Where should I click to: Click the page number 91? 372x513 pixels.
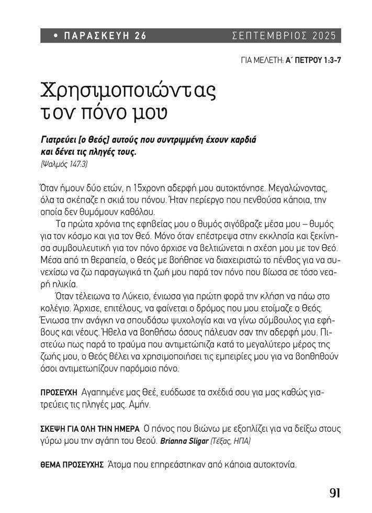click(335, 493)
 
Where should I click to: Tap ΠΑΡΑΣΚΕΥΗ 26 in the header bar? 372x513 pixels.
click(105, 36)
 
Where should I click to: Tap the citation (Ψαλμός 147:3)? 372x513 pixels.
click(64, 164)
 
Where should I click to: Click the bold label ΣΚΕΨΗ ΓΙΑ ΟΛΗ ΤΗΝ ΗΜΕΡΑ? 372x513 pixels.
click(89, 429)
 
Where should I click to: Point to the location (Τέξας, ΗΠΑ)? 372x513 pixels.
click(230, 441)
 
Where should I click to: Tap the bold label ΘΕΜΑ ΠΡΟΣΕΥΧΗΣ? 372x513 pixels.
click(72, 465)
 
